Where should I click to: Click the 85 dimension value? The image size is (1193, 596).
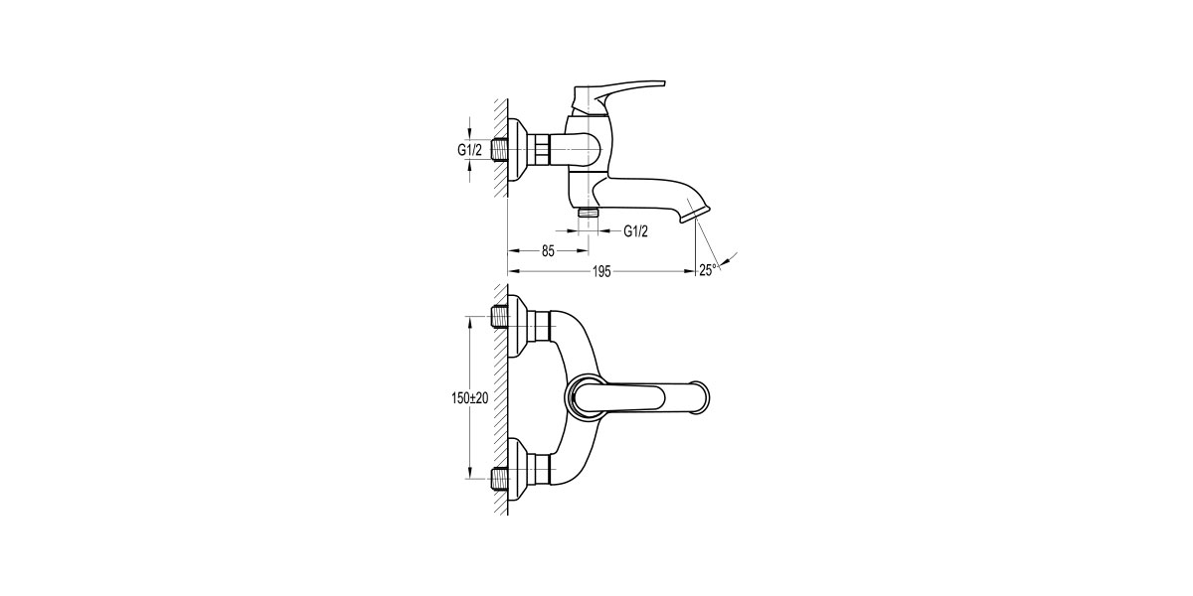pyautogui.click(x=548, y=251)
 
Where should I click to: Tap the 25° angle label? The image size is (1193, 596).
pyautogui.click(x=708, y=269)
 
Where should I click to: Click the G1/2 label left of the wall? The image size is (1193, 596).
pyautogui.click(x=469, y=150)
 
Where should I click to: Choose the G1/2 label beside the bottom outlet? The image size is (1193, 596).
pyautogui.click(x=636, y=231)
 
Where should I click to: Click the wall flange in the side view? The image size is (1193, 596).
pyautogui.click(x=518, y=150)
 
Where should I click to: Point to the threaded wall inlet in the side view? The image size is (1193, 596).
pyautogui.click(x=501, y=150)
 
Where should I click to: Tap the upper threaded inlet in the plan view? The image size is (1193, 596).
pyautogui.click(x=500, y=319)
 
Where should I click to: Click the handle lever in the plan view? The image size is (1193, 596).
pyautogui.click(x=621, y=397)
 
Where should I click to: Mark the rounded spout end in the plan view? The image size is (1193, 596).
pyautogui.click(x=700, y=397)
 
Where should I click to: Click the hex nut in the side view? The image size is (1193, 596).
pyautogui.click(x=540, y=150)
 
